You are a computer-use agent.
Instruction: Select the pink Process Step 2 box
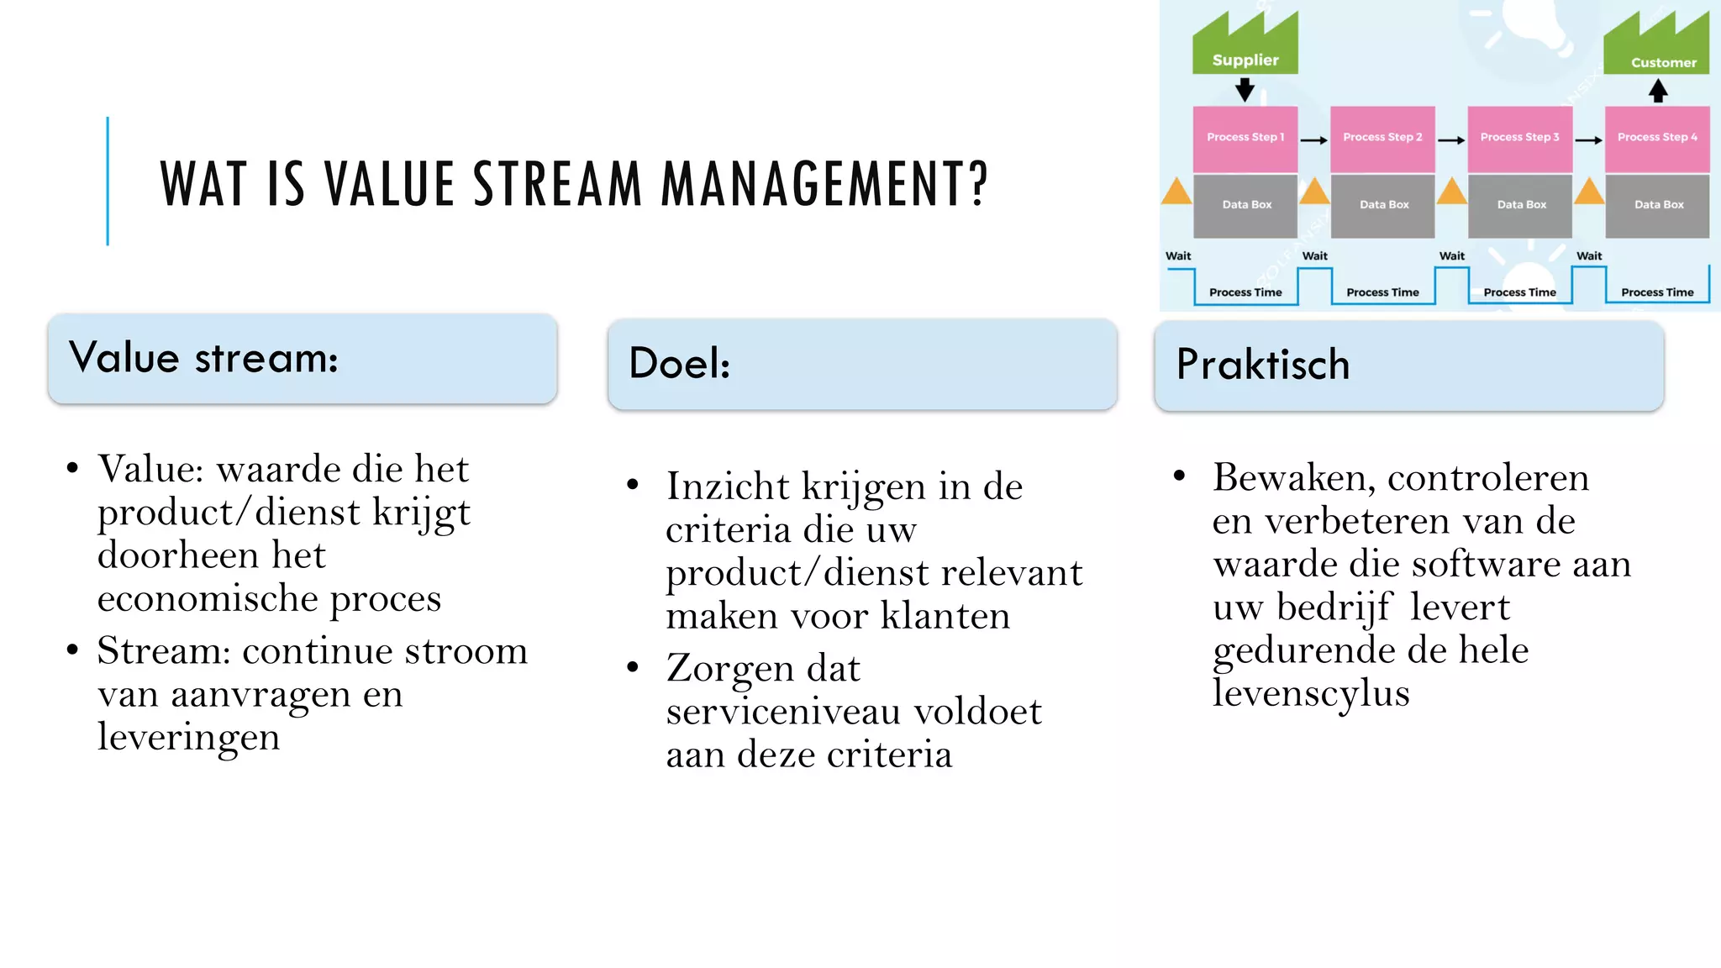click(x=1382, y=138)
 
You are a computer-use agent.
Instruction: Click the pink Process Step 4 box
click(x=1657, y=138)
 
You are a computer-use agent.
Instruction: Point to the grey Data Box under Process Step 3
click(x=1520, y=205)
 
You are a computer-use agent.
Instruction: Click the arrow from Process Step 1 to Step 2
click(x=1313, y=140)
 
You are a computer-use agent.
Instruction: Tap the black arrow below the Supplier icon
click(x=1245, y=89)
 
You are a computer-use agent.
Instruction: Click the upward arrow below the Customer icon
click(x=1657, y=91)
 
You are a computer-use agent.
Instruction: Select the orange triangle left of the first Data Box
click(x=1176, y=192)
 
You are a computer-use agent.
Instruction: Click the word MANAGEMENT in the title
click(x=824, y=184)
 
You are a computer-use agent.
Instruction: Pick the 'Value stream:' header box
click(x=303, y=359)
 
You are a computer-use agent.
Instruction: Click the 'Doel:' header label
click(x=679, y=363)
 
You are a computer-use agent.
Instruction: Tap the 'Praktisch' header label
click(x=1262, y=365)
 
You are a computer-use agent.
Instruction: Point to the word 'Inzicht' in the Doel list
click(x=728, y=487)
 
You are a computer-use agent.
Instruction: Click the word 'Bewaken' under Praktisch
click(x=1293, y=478)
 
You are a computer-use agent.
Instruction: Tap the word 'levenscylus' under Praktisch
click(x=1311, y=693)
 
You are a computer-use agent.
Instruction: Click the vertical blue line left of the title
click(x=108, y=181)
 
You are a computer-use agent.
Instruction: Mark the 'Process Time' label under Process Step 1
click(x=1245, y=292)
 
